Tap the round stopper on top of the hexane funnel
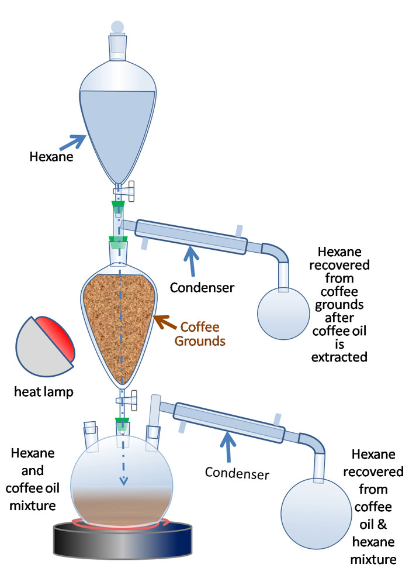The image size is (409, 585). (117, 26)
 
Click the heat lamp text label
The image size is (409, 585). (43, 391)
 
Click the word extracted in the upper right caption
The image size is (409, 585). (342, 356)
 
